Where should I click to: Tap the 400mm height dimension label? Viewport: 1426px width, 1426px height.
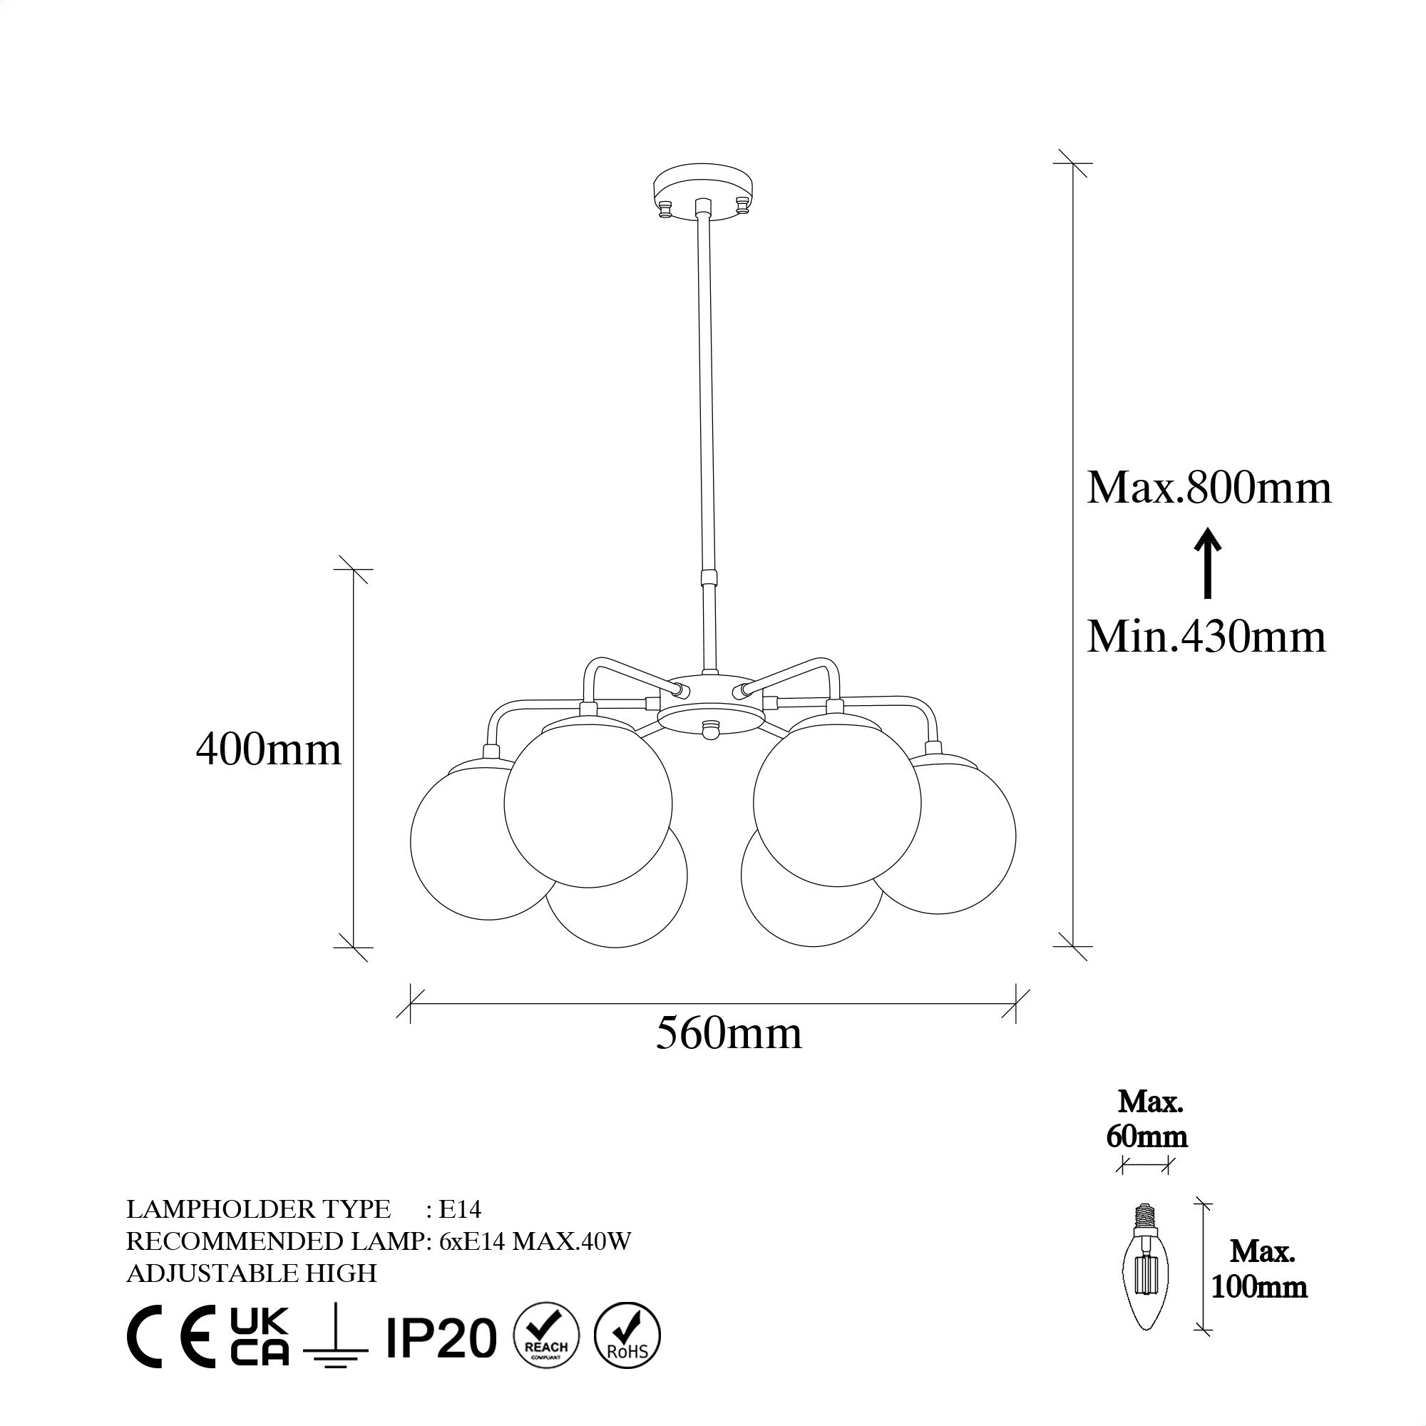point(269,751)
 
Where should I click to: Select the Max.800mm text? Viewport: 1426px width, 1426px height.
point(1209,488)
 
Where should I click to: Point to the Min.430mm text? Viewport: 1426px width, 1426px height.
point(1206,636)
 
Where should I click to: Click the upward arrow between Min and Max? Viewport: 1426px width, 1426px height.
point(1209,563)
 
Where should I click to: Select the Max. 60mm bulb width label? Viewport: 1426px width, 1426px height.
point(1147,1124)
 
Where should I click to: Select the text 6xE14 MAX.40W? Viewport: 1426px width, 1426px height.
point(534,1241)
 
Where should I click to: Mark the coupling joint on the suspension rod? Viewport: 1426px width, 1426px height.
point(709,576)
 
